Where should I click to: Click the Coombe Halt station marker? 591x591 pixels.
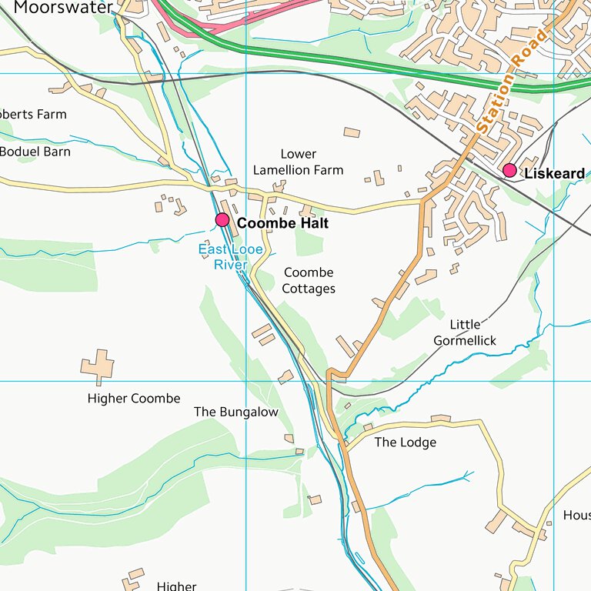[x=222, y=220]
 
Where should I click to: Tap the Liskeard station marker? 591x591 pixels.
[x=509, y=170]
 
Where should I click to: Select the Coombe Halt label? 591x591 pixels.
[x=282, y=223]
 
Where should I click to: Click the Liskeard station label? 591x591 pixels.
[x=554, y=174]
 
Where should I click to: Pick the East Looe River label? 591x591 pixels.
[x=230, y=257]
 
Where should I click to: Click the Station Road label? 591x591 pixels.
[x=511, y=80]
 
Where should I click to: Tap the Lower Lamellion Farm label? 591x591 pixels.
[x=298, y=162]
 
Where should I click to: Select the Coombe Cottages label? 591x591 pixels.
[x=309, y=281]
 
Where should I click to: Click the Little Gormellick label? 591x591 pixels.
[x=465, y=332]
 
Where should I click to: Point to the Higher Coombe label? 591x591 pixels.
[x=134, y=399]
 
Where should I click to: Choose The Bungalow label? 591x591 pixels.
[x=236, y=412]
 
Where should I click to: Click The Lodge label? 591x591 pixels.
[x=405, y=442]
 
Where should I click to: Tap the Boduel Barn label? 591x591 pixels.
[x=35, y=152]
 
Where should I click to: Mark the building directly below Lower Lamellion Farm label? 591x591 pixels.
[x=279, y=186]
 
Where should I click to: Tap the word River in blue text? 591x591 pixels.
[x=230, y=265]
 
